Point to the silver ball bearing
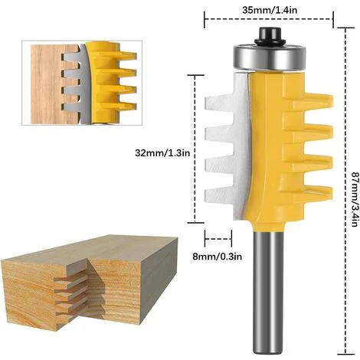tap(270, 57)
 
